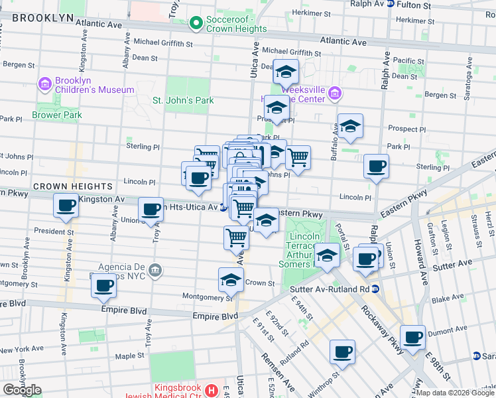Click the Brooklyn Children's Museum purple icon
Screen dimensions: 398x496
tap(45, 84)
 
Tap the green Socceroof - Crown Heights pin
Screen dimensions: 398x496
tap(196, 25)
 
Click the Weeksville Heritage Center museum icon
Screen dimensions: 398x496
tap(335, 94)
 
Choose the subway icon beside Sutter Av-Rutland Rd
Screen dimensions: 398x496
tap(375, 289)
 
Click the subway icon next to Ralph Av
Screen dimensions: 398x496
tap(391, 4)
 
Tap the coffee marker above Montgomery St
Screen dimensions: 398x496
tap(103, 285)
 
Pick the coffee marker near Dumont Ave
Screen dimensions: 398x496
tap(412, 336)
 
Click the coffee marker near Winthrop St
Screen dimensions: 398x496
tap(342, 352)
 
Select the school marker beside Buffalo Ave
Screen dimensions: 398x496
tap(351, 125)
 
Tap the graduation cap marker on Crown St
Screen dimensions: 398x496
tap(231, 280)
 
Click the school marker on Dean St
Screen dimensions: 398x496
tap(286, 71)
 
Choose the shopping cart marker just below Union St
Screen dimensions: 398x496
tap(236, 237)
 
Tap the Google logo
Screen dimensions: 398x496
tap(22, 389)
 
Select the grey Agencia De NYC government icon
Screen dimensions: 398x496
tap(155, 269)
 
